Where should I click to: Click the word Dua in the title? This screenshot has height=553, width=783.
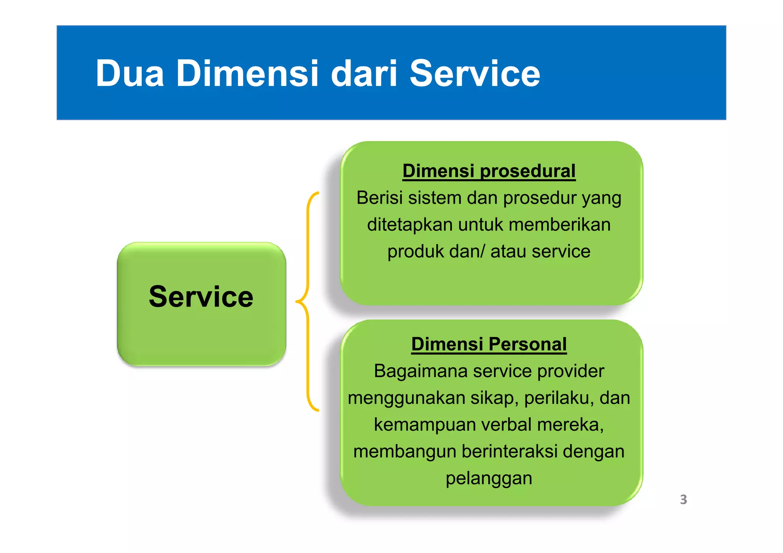click(x=130, y=73)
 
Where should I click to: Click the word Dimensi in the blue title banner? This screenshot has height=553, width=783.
click(x=247, y=73)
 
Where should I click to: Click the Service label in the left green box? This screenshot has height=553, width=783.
click(x=201, y=297)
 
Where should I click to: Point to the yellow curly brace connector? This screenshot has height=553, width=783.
click(x=307, y=302)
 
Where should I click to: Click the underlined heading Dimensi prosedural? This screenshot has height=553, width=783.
click(x=489, y=171)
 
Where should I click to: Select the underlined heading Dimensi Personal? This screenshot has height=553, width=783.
click(x=489, y=344)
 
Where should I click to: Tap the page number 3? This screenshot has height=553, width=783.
click(x=684, y=499)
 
